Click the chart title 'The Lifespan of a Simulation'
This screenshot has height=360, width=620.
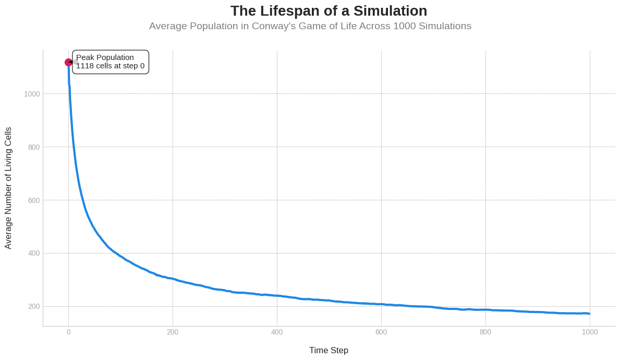[x=329, y=11]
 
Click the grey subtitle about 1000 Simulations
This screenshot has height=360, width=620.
[x=310, y=26]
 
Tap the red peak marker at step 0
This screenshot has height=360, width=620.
[x=68, y=62]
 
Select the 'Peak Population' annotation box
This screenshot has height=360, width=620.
[x=111, y=62]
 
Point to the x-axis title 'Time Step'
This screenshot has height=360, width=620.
[x=329, y=350]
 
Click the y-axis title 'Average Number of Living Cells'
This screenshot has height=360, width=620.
[x=8, y=188]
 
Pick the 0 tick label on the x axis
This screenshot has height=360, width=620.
[x=68, y=332]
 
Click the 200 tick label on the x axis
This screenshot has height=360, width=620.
[x=173, y=332]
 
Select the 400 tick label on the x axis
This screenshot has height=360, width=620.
[x=277, y=332]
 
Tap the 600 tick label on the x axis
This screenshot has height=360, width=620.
[x=381, y=332]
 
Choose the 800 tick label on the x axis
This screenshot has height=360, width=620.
[x=485, y=332]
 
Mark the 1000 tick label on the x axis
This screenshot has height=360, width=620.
[x=590, y=332]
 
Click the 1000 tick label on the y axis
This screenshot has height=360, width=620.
[x=32, y=94]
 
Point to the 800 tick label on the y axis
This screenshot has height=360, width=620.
[x=34, y=147]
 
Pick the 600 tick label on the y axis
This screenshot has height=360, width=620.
[x=34, y=200]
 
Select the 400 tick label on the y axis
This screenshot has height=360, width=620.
[x=34, y=254]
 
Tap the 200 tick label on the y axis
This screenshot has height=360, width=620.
[x=34, y=307]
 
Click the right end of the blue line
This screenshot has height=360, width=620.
[x=589, y=314]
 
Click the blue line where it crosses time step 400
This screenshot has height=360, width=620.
[x=277, y=296]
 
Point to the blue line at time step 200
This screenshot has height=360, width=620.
[x=173, y=279]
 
